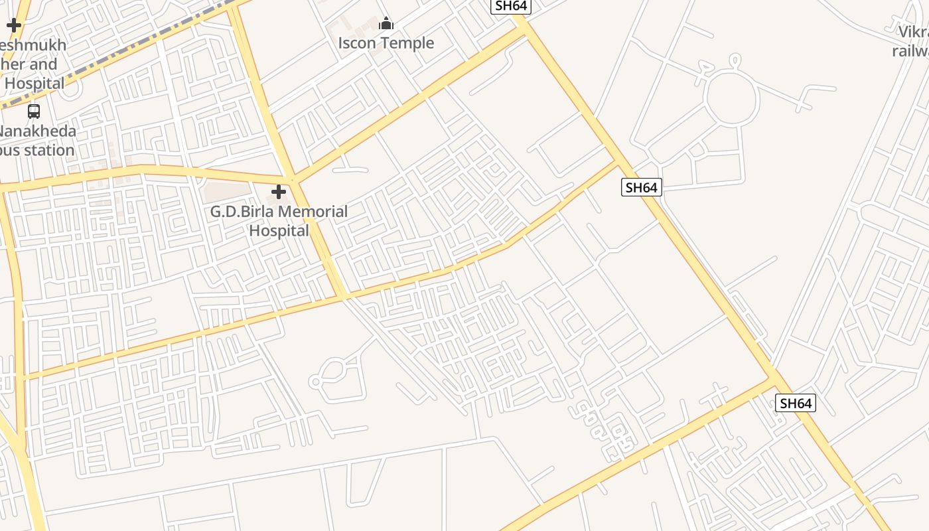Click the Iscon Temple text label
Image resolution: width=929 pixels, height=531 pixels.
(x=386, y=43)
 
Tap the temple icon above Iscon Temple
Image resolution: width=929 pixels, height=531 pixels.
(x=386, y=25)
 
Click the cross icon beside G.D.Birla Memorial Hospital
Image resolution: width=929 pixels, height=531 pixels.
(x=279, y=192)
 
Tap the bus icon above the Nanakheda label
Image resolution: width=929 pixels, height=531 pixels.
(x=34, y=112)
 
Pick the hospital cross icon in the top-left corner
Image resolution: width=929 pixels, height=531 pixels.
(x=14, y=26)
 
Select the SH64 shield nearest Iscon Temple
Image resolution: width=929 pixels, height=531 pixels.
(x=510, y=6)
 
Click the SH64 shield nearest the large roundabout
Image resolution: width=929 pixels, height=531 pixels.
(x=642, y=187)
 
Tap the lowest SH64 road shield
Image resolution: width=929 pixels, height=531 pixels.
(x=795, y=403)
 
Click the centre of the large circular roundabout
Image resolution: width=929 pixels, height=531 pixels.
(x=731, y=98)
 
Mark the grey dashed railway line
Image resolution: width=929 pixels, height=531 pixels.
(x=119, y=56)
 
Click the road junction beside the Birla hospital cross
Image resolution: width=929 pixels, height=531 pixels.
(x=294, y=181)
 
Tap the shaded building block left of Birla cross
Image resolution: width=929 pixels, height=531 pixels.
(x=227, y=192)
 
